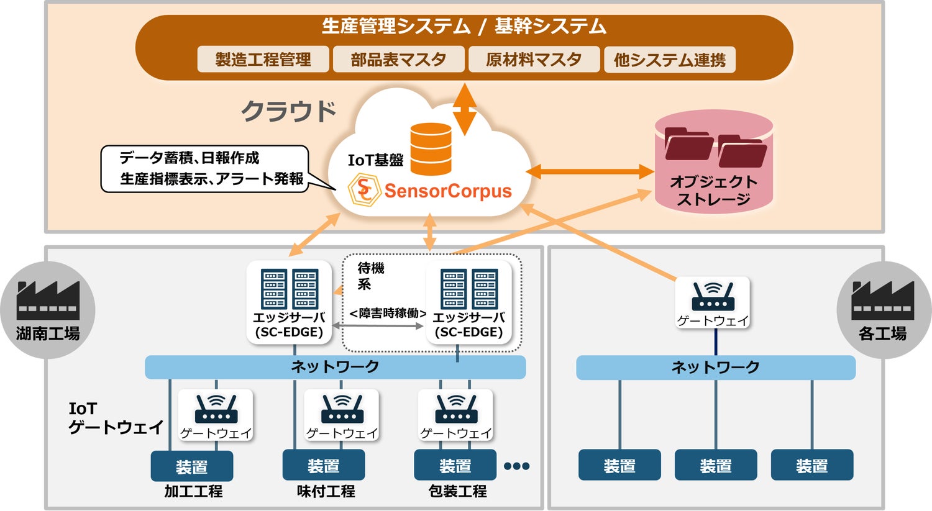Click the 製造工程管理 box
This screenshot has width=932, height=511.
coord(263,60)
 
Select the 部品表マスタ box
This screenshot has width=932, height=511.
coord(398,60)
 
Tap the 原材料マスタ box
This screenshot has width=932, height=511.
coord(534,60)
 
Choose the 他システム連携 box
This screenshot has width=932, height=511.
coord(669,60)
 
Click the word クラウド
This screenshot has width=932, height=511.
coord(288,112)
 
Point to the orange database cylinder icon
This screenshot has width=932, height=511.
coord(431,149)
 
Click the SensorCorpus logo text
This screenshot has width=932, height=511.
coord(447,191)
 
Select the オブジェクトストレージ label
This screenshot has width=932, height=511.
coord(713,191)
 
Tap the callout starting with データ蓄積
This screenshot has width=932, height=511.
coord(205,168)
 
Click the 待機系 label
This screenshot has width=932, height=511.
coord(370,276)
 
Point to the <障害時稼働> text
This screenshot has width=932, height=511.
coord(387,314)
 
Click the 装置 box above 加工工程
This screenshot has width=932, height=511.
coord(191,466)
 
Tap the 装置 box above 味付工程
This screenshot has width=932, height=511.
coord(323,466)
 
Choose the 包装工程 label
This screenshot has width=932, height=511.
coord(457,492)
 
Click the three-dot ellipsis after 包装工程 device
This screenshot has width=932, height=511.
coord(516,466)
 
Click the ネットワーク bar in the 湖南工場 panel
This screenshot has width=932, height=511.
coord(335,367)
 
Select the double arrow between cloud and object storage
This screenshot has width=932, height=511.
coord(590,172)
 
